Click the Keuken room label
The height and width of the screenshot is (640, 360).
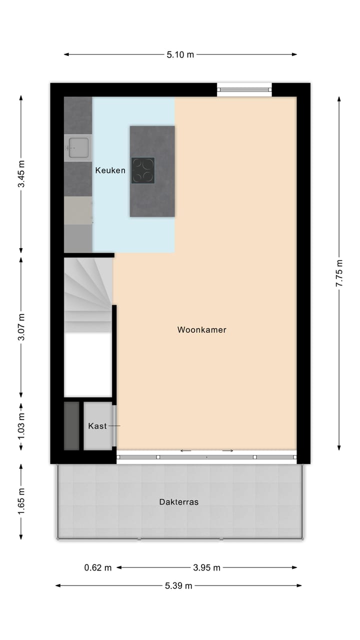tap(110, 170)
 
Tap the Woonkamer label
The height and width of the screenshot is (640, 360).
tap(201, 330)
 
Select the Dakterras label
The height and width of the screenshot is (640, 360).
tap(178, 502)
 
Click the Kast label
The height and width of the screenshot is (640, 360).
tap(97, 426)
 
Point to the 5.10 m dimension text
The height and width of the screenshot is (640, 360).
tap(180, 55)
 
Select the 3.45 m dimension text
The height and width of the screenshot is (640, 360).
tap(21, 174)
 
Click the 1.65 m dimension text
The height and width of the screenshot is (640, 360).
tap(21, 501)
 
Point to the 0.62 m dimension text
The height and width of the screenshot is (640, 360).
tap(98, 567)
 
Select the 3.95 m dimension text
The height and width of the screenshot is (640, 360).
tap(206, 567)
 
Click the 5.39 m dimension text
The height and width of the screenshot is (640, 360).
tap(178, 586)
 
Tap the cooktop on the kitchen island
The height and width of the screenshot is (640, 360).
tap(143, 170)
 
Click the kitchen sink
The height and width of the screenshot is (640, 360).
tap(78, 147)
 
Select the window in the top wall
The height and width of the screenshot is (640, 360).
tap(244, 90)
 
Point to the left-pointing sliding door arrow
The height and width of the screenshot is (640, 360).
tap(185, 451)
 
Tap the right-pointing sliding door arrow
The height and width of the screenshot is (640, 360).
tap(228, 451)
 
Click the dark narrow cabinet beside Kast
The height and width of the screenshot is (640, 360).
tap(71, 425)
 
